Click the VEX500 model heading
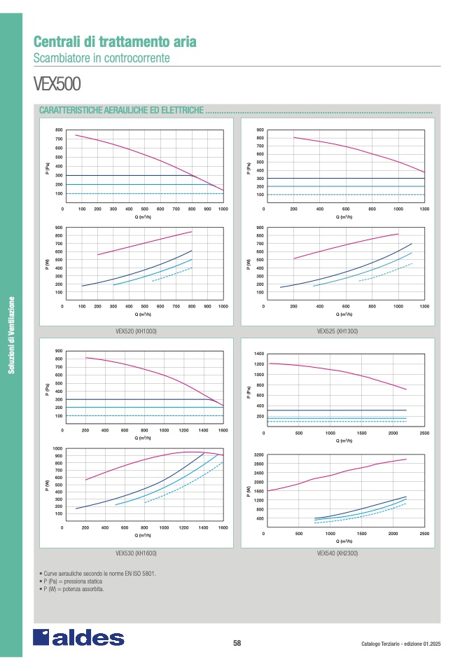point(57,84)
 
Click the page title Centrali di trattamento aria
point(115,41)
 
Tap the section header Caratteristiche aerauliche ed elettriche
point(122,110)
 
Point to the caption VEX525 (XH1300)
point(337,331)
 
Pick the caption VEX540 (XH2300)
point(337,553)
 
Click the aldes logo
point(78,637)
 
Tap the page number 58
point(237,644)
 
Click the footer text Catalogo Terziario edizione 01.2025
point(401,644)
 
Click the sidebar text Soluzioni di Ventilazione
point(11,335)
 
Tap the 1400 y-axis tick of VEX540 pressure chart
point(259,354)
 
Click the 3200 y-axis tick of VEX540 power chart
point(259,455)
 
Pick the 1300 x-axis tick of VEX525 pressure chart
point(424,209)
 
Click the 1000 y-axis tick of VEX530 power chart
point(58,448)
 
